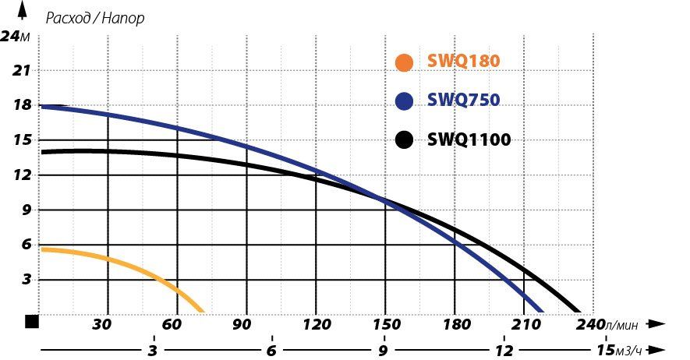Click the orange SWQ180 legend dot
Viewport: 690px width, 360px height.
click(x=404, y=62)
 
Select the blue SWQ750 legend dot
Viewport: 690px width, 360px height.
click(x=404, y=101)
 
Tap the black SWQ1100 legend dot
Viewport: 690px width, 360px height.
click(x=404, y=140)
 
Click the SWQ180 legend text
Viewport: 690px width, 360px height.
click(x=463, y=62)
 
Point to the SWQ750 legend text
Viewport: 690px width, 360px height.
click(x=463, y=101)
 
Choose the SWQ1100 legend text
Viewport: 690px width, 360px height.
click(x=469, y=140)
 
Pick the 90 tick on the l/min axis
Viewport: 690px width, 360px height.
click(x=245, y=324)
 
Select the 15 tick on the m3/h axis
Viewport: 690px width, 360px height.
click(x=606, y=350)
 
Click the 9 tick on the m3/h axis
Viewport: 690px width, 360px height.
click(x=383, y=350)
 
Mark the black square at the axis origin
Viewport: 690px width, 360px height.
click(x=32, y=321)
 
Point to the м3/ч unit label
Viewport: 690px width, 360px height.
click(x=632, y=350)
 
